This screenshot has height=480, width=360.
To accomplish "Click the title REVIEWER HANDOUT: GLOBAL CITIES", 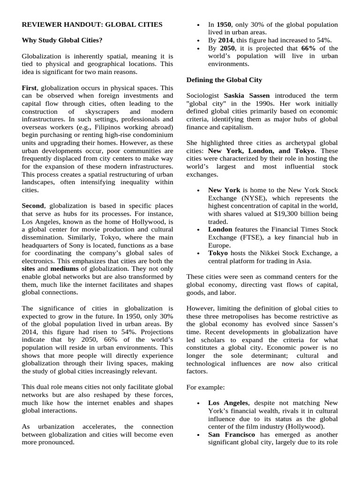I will [92, 24].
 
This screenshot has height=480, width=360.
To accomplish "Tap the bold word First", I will [30, 88].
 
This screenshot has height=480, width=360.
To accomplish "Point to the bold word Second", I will [33, 206].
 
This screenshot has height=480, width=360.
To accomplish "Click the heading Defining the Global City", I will [224, 80].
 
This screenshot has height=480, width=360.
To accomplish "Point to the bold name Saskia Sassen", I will [244, 96].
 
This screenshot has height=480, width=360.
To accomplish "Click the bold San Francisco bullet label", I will [232, 435].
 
